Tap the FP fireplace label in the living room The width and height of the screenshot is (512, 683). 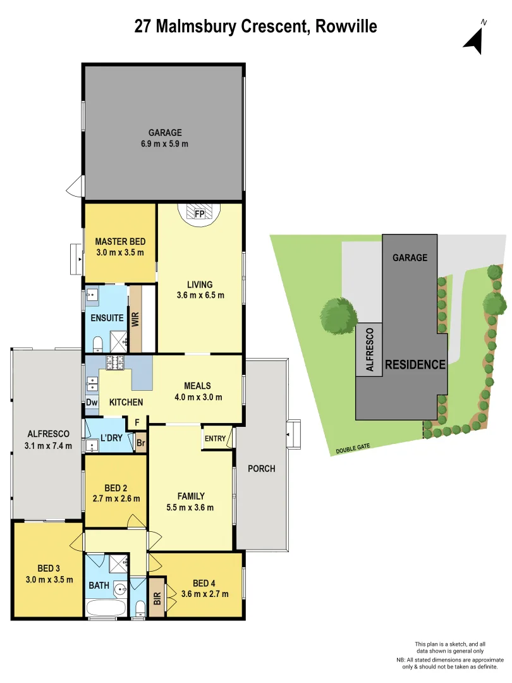click(200, 214)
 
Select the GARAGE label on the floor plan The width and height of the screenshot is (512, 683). click(165, 133)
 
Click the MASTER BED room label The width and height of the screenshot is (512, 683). click(120, 242)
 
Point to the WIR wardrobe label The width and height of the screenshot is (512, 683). click(135, 318)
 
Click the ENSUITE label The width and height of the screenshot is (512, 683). click(107, 318)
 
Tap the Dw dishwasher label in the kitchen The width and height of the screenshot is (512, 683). click(92, 402)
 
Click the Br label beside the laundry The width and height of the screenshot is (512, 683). click(140, 443)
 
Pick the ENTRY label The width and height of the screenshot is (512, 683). click(215, 438)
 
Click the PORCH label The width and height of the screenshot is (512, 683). click(261, 469)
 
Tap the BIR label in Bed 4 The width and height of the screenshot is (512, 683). click(157, 598)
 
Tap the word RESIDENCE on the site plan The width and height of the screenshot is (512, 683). click(415, 365)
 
